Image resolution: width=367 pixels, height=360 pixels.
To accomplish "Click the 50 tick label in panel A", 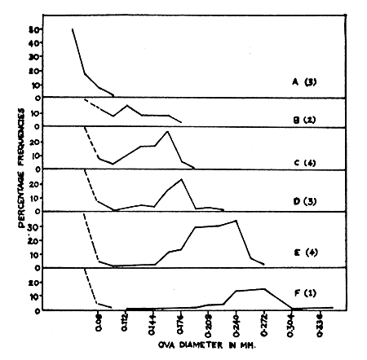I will (34, 30).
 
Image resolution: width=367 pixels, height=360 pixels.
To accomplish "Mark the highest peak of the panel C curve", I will (167, 131).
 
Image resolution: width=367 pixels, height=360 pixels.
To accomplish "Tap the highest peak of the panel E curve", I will (237, 221).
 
